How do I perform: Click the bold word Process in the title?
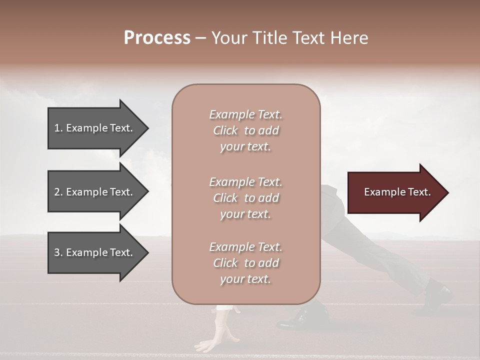pos(157,38)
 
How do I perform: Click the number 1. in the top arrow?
pos(58,128)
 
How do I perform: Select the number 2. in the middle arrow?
pos(58,192)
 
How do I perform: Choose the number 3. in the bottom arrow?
pos(58,252)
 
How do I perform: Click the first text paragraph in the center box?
pos(245,130)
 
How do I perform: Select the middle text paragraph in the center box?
pos(245,198)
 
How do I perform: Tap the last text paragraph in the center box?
pos(245,263)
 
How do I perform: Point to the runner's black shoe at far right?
pos(438,292)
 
